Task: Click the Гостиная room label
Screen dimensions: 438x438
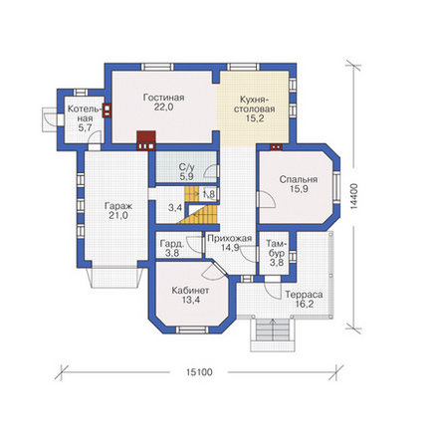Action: pos(163,98)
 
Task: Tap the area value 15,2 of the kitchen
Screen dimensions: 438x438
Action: pos(255,118)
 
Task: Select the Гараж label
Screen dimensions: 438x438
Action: pos(118,206)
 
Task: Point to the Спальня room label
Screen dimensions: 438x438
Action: pos(299,179)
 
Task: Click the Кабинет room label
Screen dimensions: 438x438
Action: pos(190,291)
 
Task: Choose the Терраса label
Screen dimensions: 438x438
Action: pos(304,295)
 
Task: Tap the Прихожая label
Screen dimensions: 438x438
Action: pos(230,238)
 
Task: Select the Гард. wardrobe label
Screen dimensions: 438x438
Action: pos(172,244)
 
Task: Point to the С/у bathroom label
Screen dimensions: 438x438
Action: pos(187,167)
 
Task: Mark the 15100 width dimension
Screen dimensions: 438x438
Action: pos(199,372)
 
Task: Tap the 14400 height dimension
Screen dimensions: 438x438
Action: pos(354,196)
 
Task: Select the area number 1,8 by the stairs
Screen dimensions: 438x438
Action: pos(209,193)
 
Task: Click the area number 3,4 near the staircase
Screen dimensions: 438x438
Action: pos(175,208)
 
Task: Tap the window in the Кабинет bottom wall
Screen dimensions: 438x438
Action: pos(192,329)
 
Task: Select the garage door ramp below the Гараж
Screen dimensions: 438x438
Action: pos(114,278)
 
